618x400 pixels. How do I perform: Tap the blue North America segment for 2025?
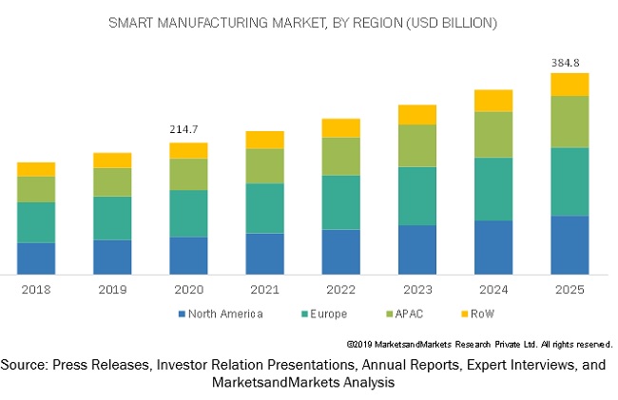tap(570, 245)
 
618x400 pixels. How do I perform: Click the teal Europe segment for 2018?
tap(36, 222)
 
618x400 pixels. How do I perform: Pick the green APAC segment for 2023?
tap(416, 145)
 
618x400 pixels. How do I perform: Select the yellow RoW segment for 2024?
tap(493, 101)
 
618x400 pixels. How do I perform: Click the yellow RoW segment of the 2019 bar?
tap(112, 160)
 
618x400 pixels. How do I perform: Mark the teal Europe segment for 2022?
tap(340, 202)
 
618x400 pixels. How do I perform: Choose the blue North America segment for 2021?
tap(264, 254)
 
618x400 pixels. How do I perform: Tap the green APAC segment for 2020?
tap(188, 174)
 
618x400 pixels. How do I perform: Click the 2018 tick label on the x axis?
tap(36, 289)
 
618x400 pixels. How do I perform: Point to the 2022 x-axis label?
tap(340, 289)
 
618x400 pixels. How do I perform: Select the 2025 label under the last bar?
tap(570, 289)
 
